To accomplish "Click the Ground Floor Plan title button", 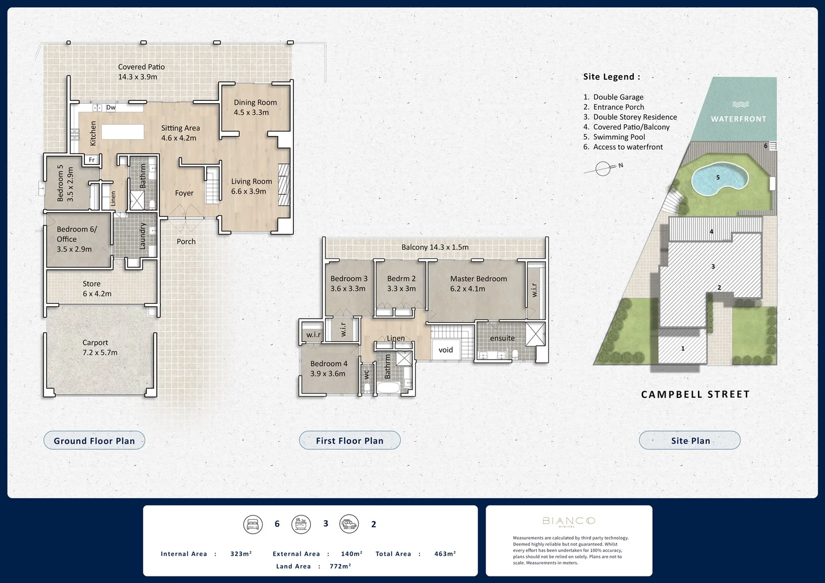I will coord(94,440).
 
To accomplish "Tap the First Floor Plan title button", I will coord(350,440).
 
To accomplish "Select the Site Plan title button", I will coord(690,440).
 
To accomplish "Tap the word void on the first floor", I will coord(446,350).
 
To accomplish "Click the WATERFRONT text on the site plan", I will coord(739,119).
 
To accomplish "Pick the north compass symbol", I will coord(603,169).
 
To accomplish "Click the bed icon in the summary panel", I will coord(253,524).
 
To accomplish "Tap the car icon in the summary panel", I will coord(349,524).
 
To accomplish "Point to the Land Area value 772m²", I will coord(340,566).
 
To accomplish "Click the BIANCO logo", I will coord(568,521).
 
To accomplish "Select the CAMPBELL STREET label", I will coord(695,395).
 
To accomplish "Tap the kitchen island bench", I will coord(123,132).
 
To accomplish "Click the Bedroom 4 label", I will coord(328,368).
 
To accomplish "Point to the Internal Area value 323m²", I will coord(241,554).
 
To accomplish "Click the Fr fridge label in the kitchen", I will coord(92,160).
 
